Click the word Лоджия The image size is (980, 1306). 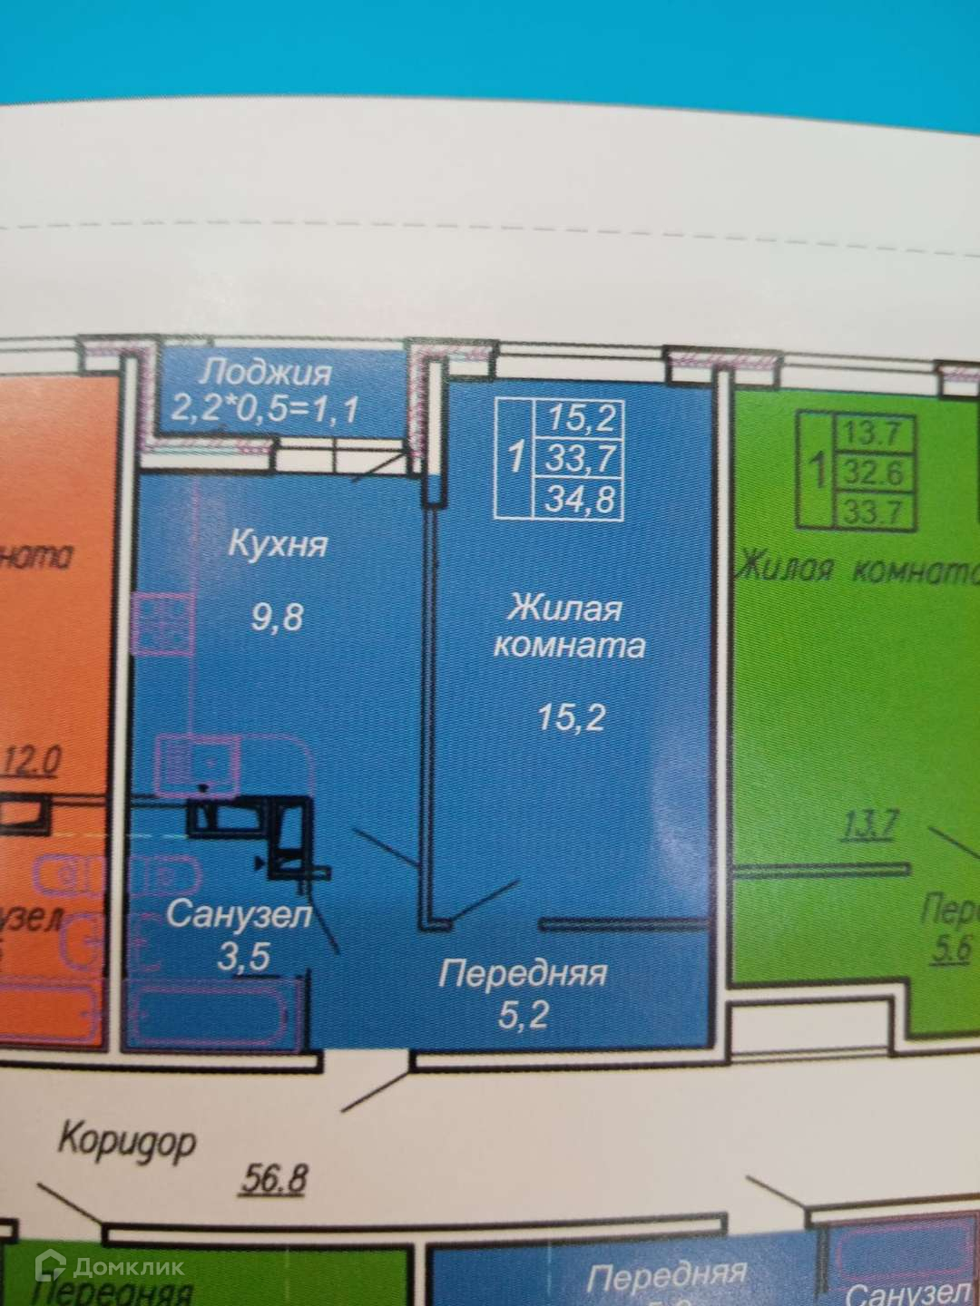point(266,372)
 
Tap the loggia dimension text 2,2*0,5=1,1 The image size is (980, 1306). point(264,409)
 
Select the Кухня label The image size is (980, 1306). point(277,544)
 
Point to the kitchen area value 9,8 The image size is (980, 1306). point(277,619)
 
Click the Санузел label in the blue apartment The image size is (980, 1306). point(239,914)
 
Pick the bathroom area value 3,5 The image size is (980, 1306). point(243,957)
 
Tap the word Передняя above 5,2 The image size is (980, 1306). point(523,974)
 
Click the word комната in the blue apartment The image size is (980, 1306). point(569,645)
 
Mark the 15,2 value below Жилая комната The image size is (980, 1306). point(571,717)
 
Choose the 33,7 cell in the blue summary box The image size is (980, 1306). point(581,459)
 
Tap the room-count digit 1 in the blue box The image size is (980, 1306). point(515,457)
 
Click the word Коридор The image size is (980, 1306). point(127,1139)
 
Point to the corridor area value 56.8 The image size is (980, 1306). point(275,1180)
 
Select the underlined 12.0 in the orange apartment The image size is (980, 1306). point(33,760)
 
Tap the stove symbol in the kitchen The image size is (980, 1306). point(162,622)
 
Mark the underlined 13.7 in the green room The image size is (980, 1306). point(870,826)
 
